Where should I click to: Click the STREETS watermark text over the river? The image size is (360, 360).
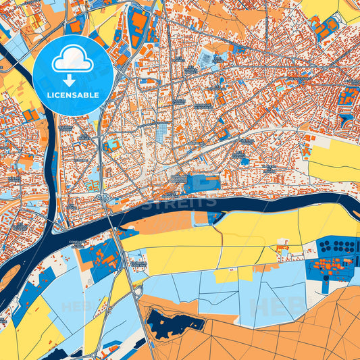pos(180,201)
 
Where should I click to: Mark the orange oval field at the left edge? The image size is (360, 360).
pos(8,278)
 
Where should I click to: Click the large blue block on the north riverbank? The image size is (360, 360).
pos(202,182)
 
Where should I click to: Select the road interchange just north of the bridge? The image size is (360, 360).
pos(103,197)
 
